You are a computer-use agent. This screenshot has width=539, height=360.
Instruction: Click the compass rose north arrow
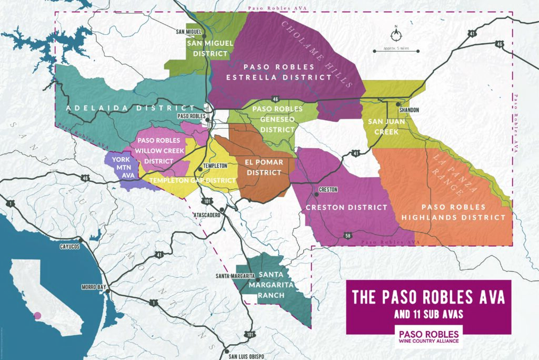[x=396, y=34]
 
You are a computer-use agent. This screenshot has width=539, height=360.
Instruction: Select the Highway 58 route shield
[x=346, y=235]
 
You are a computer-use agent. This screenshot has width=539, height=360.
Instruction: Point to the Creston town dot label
[x=328, y=189]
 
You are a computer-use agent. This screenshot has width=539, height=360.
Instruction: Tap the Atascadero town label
[x=208, y=215]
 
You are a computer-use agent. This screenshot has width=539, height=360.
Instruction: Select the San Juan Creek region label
[x=386, y=127]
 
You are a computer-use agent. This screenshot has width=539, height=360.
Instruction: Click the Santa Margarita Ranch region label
[x=271, y=285]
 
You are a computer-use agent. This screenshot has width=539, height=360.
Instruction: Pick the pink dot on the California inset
[x=36, y=316]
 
